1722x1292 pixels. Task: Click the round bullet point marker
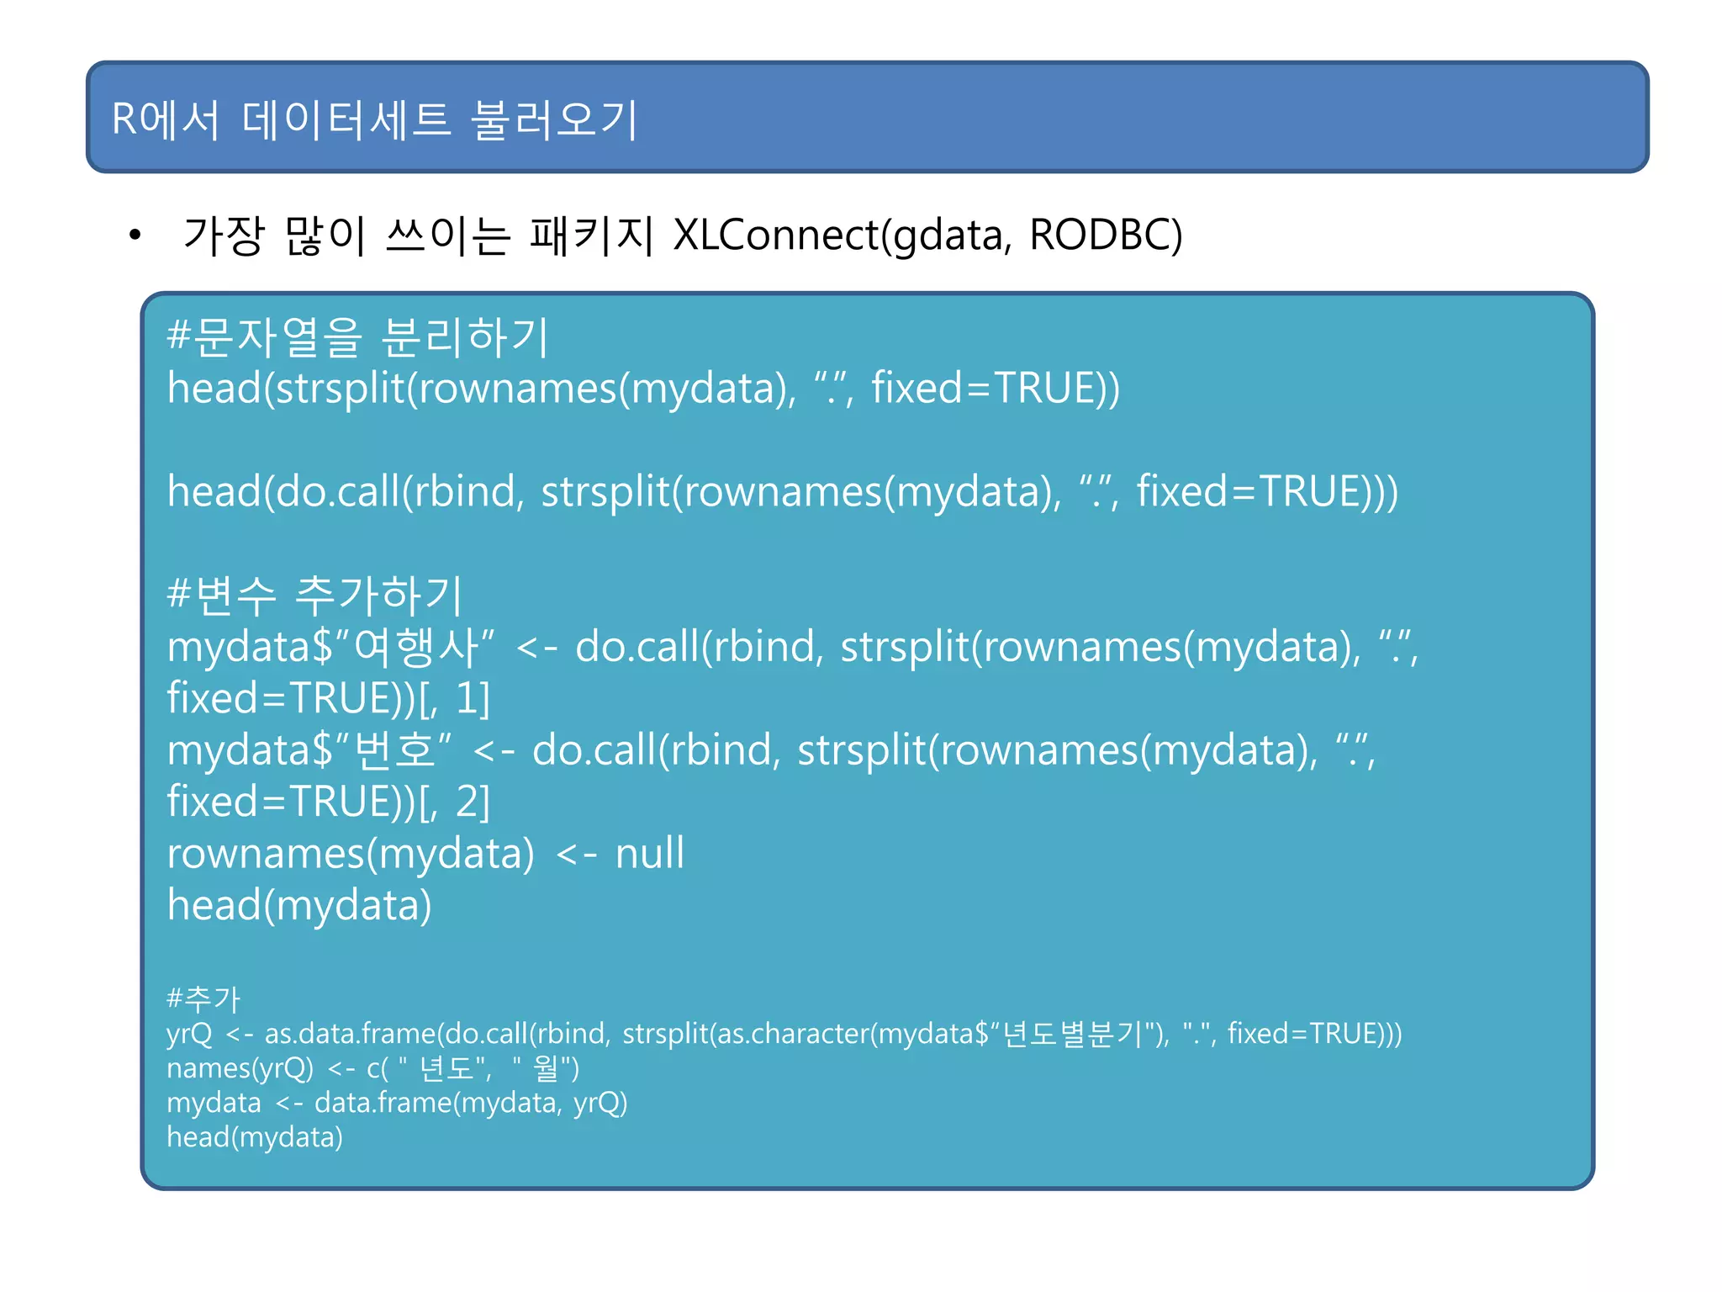pyautogui.click(x=135, y=236)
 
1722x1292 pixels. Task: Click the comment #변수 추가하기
pyautogui.click(x=314, y=595)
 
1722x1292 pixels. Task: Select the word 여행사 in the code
pyautogui.click(x=415, y=648)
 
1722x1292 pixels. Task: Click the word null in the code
pyautogui.click(x=650, y=854)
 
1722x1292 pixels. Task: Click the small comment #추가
pyautogui.click(x=203, y=999)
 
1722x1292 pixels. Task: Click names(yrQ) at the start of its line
pyautogui.click(x=240, y=1068)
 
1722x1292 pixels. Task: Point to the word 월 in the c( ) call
pyautogui.click(x=546, y=1068)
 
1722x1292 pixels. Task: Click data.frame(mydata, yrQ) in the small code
pyautogui.click(x=471, y=1103)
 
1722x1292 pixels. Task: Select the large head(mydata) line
pyautogui.click(x=299, y=906)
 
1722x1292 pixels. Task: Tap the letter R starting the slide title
pyautogui.click(x=124, y=119)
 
